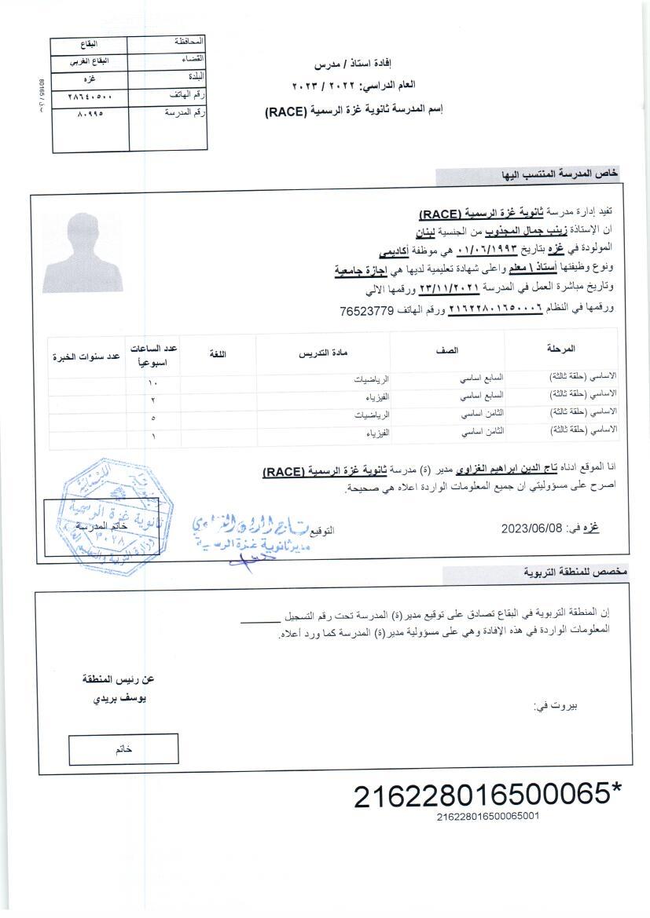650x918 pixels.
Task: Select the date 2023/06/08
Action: click(x=533, y=528)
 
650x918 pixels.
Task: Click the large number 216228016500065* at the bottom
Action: click(x=487, y=795)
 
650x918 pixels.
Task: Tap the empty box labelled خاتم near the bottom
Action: click(x=123, y=749)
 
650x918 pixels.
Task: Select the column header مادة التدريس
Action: click(x=323, y=355)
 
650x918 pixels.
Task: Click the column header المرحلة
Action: click(x=560, y=348)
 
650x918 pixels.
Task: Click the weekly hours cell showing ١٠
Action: click(x=153, y=382)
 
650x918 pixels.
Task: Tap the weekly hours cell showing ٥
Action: click(x=153, y=418)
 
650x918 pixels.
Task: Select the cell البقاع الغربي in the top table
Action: click(x=90, y=61)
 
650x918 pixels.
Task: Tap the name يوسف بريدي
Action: click(x=119, y=698)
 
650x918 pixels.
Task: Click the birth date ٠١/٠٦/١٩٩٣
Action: click(x=484, y=249)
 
